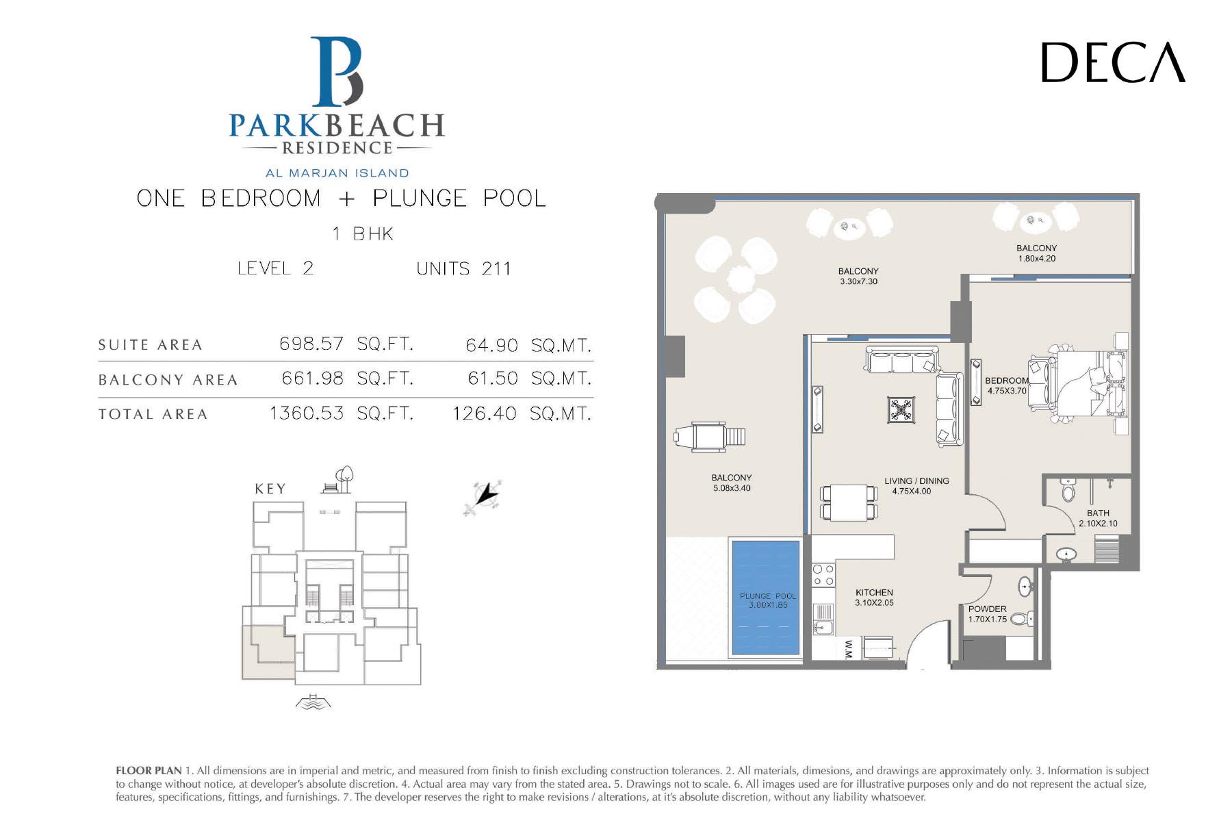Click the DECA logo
pyautogui.click(x=1113, y=62)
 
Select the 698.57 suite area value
pyautogui.click(x=311, y=343)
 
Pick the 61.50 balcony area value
pyautogui.click(x=493, y=378)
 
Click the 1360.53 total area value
pyautogui.click(x=307, y=413)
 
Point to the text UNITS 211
pyautogui.click(x=463, y=268)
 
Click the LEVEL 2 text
pyautogui.click(x=275, y=268)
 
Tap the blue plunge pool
pyautogui.click(x=766, y=598)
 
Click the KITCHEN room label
pyautogui.click(x=874, y=593)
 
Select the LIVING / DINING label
pyautogui.click(x=916, y=481)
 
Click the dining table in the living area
pyautogui.click(x=849, y=503)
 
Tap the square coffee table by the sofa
pyautogui.click(x=901, y=410)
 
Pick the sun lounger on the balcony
pyautogui.click(x=709, y=436)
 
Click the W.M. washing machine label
pyautogui.click(x=848, y=649)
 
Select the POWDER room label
pyautogui.click(x=987, y=609)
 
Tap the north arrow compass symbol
pyautogui.click(x=485, y=496)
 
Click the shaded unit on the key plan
pyautogui.click(x=268, y=652)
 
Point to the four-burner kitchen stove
pyautogui.click(x=823, y=575)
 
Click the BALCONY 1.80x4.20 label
pyautogui.click(x=1036, y=253)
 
